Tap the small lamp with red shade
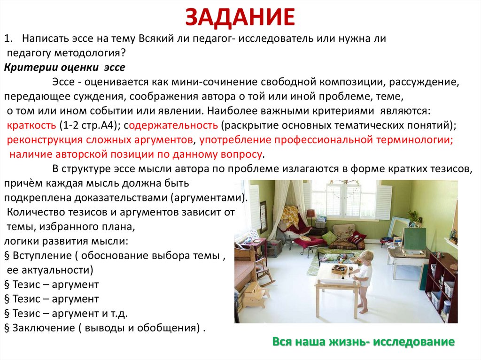point(311,214)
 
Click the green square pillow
point(330,237)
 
